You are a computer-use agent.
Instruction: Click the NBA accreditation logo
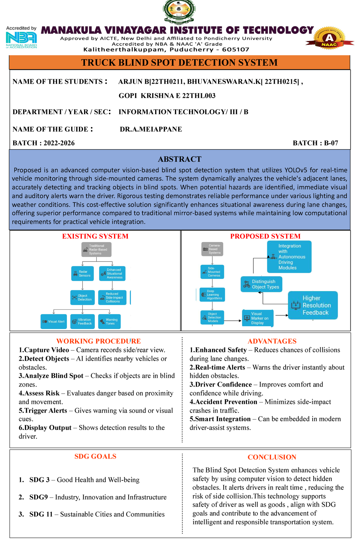point(21,38)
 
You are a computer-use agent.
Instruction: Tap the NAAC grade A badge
point(329,38)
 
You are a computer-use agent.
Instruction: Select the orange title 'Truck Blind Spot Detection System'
point(179,63)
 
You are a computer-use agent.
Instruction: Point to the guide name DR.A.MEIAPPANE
point(151,129)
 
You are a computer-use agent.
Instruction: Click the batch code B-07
point(331,143)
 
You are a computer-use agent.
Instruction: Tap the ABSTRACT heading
point(180,159)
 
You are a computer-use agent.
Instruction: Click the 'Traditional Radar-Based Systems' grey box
point(96,250)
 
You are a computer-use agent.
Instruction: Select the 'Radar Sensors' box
point(82,273)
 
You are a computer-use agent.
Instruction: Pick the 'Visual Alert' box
point(54,321)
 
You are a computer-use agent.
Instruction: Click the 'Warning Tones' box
point(109,321)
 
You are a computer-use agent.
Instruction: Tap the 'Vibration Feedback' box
point(82,321)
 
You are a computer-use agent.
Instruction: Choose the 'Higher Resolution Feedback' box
point(313,305)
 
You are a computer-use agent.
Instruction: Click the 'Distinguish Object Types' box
point(261,284)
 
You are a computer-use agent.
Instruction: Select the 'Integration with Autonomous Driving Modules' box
point(289,257)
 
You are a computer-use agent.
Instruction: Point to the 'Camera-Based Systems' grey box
point(212,249)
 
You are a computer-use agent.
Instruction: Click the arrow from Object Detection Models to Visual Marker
point(233,321)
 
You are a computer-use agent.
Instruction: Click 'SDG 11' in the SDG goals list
point(41,514)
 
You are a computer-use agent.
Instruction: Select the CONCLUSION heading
point(272,457)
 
